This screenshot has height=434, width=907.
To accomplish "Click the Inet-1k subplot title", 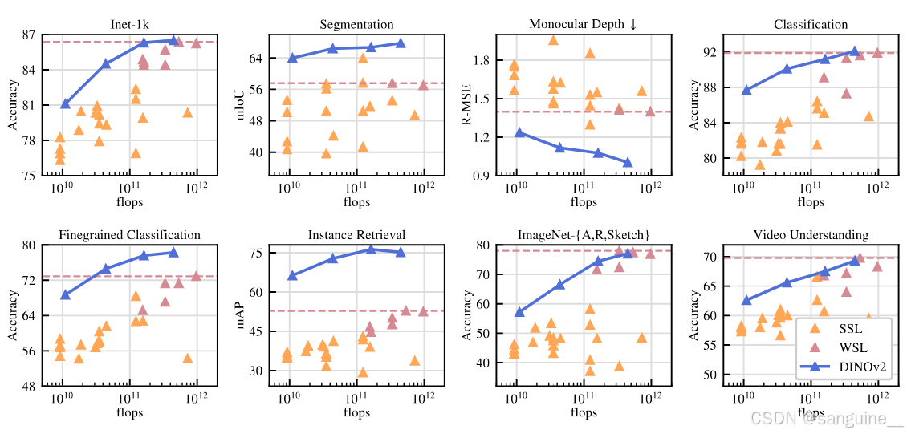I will tap(130, 25).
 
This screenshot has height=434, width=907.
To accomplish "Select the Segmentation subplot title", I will tap(356, 25).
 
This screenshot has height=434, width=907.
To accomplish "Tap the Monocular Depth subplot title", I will tap(583, 25).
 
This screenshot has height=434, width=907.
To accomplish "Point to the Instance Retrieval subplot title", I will tap(356, 235).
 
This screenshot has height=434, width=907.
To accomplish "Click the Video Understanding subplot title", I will tap(811, 235).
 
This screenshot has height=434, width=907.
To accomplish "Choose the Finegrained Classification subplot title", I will tap(129, 235).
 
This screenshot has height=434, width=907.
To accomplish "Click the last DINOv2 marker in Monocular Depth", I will tap(627, 162).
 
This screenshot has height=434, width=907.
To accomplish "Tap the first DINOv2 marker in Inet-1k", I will tap(65, 103).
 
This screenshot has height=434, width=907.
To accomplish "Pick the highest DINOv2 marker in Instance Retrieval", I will tap(371, 249).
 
